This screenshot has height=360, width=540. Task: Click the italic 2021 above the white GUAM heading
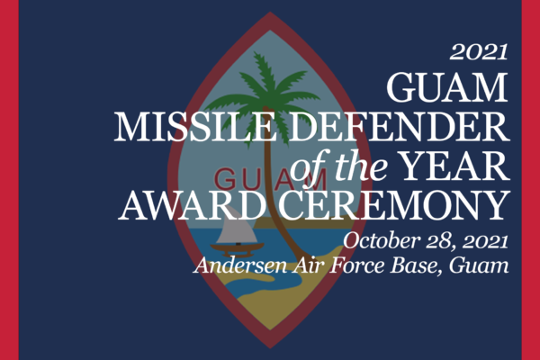pyautogui.click(x=479, y=52)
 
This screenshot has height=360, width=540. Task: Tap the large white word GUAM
pyautogui.click(x=447, y=87)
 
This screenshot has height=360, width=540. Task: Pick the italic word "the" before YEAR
pyautogui.click(x=362, y=166)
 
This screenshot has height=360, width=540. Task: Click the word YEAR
pyautogui.click(x=454, y=166)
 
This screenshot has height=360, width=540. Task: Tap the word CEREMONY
pyautogui.click(x=393, y=206)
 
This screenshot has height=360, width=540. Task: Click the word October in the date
pyautogui.click(x=382, y=240)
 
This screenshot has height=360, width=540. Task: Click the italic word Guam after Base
pyautogui.click(x=479, y=265)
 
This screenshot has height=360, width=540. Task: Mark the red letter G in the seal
pyautogui.click(x=226, y=179)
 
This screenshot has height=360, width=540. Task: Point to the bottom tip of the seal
pyautogui.click(x=270, y=348)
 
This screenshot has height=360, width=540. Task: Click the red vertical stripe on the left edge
pyautogui.click(x=9, y=180)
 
